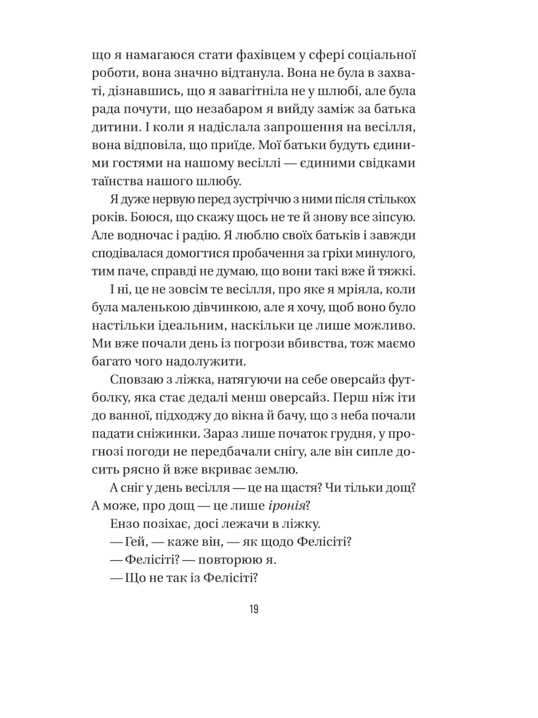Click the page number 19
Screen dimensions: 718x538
[254, 609]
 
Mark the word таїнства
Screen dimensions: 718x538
[116, 181]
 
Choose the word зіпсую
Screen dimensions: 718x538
[391, 217]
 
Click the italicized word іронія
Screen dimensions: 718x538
[286, 506]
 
